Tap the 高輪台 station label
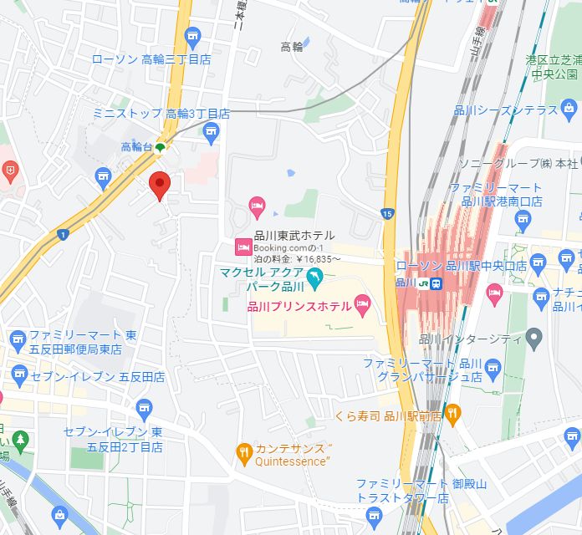[136, 146]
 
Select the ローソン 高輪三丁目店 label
[151, 59]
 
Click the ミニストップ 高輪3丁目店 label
[161, 113]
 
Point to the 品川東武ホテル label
[294, 236]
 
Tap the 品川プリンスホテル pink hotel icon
[363, 307]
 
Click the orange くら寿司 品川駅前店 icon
[452, 411]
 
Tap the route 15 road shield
[386, 214]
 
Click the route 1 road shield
[63, 235]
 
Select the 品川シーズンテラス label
[517, 110]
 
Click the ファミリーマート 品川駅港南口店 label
[496, 195]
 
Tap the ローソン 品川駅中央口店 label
[461, 266]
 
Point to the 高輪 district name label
[292, 47]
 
